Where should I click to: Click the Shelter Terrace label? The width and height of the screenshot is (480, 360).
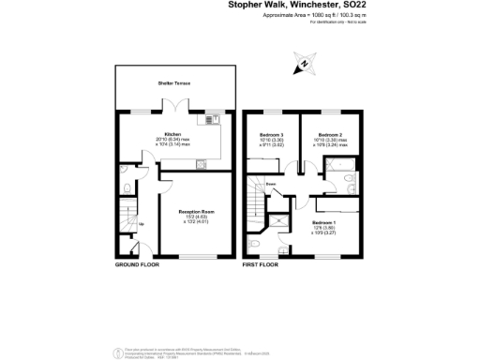pos(173,83)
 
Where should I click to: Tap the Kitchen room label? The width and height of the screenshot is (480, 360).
pos(172,134)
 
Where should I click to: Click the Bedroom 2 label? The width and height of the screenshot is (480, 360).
pos(327,134)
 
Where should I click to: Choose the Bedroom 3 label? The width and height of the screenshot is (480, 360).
pos(272,134)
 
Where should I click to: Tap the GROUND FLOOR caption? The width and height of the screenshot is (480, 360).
pos(137,265)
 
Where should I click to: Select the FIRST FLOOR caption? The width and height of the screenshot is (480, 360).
pos(262,265)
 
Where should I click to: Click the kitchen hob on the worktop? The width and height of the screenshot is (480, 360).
pos(201,164)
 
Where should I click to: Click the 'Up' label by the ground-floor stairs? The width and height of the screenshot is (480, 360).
pos(142,224)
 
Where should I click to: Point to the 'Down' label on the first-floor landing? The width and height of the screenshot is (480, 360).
pos(270,184)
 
